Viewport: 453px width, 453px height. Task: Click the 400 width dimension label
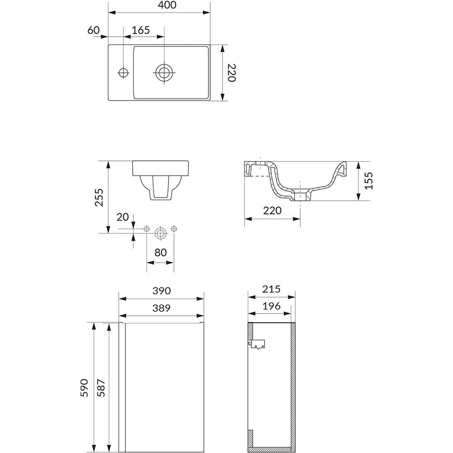[167, 5]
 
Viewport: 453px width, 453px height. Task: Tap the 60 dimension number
[94, 30]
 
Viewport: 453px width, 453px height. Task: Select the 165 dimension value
[141, 30]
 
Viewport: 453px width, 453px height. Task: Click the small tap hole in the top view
[124, 72]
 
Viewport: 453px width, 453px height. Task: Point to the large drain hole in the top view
[164, 72]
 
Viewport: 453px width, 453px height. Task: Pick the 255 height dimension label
[99, 198]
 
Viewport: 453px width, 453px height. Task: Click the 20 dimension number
[122, 217]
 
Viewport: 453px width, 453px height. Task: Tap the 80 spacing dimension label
[161, 252]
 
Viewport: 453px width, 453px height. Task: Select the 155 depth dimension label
[369, 181]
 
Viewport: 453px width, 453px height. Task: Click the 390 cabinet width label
[162, 291]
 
